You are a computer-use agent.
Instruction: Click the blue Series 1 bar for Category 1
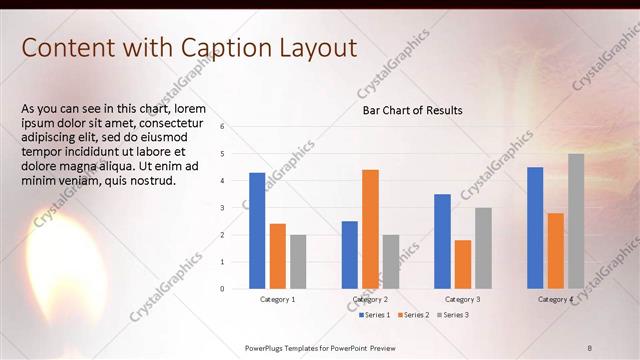pyautogui.click(x=257, y=231)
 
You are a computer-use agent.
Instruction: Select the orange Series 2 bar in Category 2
pyautogui.click(x=370, y=229)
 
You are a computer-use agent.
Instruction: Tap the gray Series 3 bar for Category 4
pyautogui.click(x=576, y=221)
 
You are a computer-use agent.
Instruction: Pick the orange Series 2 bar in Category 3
pyautogui.click(x=462, y=264)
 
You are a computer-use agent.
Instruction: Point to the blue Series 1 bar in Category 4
pyautogui.click(x=535, y=228)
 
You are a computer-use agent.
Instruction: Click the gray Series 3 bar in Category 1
pyautogui.click(x=298, y=262)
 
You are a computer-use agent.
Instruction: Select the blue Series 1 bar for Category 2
pyautogui.click(x=350, y=255)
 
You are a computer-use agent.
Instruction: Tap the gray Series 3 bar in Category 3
pyautogui.click(x=483, y=248)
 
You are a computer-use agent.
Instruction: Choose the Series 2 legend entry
pyautogui.click(x=413, y=315)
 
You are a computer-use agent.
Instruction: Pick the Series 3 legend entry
pyautogui.click(x=452, y=315)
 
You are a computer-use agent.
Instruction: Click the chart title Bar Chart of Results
pyautogui.click(x=412, y=110)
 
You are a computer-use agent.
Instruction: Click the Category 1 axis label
pyautogui.click(x=277, y=299)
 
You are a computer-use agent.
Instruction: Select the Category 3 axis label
pyautogui.click(x=462, y=299)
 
